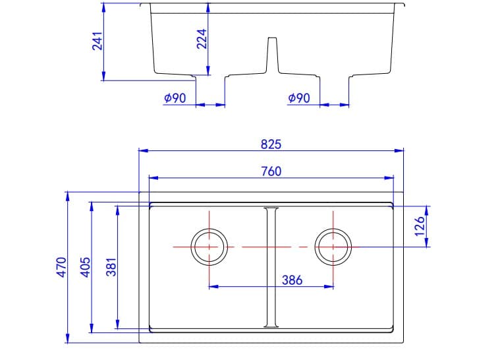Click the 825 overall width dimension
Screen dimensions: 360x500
pos(271,144)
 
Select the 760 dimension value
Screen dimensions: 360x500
pos(271,171)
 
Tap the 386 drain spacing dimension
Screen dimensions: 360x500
pos(291,280)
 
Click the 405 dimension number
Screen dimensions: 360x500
pos(84,267)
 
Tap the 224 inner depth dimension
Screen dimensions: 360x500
pos(202,38)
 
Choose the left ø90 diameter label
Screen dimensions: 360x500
pos(175,98)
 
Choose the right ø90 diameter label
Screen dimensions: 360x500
pos(299,98)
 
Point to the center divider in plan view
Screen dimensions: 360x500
pos(271,267)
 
